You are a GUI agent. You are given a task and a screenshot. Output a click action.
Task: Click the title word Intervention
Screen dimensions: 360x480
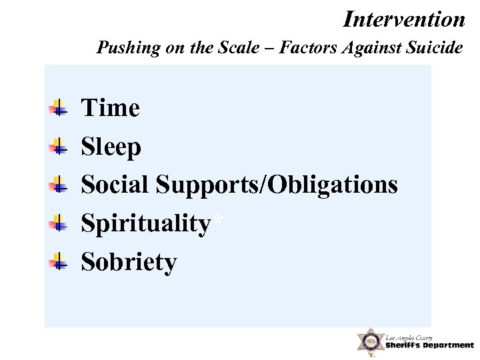coord(404,19)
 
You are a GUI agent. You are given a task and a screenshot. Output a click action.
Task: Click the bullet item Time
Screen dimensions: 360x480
coord(110,107)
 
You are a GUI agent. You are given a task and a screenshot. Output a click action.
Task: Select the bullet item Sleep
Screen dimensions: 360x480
coord(111,147)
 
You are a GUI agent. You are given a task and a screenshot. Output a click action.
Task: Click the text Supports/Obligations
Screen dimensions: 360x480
coord(277,185)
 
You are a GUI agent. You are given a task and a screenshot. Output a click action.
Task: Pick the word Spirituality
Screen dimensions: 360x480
coord(145,224)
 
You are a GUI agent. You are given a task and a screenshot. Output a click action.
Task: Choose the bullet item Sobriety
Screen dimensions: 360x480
coord(129,262)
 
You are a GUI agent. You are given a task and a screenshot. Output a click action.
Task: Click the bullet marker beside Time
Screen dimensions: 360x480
coord(59,108)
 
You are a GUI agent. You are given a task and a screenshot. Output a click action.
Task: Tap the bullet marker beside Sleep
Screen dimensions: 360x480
coord(59,146)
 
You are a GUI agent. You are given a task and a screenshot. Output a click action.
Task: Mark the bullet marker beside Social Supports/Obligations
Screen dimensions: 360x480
coord(59,185)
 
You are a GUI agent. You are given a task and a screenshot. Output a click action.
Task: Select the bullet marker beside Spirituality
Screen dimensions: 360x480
coord(59,223)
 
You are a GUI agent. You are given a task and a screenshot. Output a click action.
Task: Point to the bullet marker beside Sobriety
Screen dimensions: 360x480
coord(59,262)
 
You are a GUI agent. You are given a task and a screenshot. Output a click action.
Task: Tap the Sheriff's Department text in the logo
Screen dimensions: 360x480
coord(429,345)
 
